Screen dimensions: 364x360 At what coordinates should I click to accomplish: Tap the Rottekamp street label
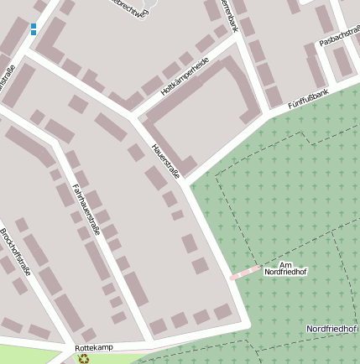coord(93,346)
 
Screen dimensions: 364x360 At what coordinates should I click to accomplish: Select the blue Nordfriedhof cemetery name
coord(331,328)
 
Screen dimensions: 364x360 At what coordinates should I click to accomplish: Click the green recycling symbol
coord(84,359)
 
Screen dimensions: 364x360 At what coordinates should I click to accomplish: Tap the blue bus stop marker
coord(34,29)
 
